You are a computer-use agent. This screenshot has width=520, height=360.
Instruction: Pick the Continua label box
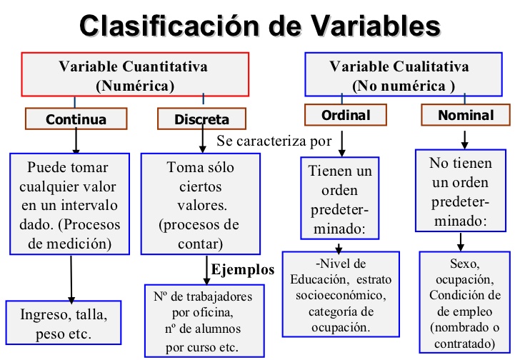[x=76, y=119]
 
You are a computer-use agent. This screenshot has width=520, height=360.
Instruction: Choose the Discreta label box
[x=201, y=119]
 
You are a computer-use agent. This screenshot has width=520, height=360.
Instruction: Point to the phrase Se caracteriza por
[x=274, y=141]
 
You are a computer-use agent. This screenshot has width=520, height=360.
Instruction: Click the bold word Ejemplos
[x=243, y=269]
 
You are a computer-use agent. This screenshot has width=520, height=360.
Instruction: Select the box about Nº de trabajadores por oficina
[x=203, y=320]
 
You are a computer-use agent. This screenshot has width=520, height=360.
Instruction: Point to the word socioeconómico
[x=339, y=293]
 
